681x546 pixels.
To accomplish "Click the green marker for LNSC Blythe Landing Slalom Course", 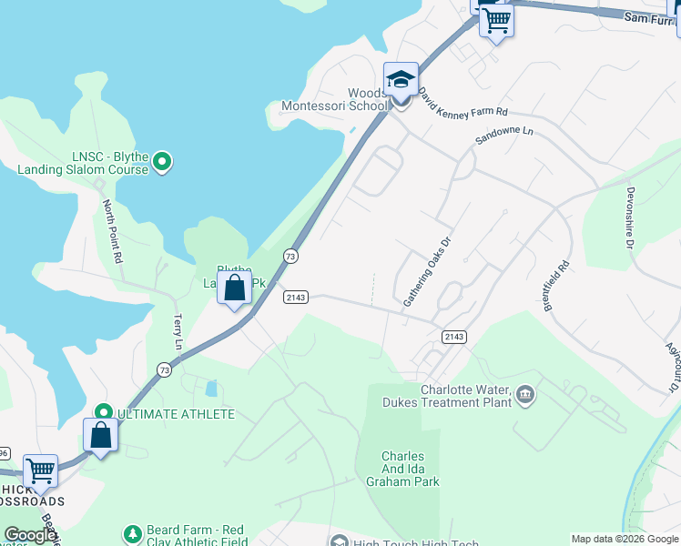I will tap(162, 163).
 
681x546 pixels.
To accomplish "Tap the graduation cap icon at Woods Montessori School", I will tap(401, 80).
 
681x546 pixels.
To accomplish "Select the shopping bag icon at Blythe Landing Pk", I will tap(235, 288).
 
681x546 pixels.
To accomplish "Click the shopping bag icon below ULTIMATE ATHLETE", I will tap(100, 435).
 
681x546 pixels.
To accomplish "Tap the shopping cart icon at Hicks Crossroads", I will tap(40, 471).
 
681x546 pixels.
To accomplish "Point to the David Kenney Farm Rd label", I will tap(462, 102).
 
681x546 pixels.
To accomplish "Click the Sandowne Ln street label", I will tap(503, 137).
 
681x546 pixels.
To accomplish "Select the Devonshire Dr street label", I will tap(629, 217).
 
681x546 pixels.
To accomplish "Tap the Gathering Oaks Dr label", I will tap(428, 271).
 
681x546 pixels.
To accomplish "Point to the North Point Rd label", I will tap(113, 231).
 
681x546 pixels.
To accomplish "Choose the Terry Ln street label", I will tap(178, 333).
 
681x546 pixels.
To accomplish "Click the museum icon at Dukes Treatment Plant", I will tap(524, 395).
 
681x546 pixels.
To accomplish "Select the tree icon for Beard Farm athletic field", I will tap(133, 531).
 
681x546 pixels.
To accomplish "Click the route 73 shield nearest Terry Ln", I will tap(163, 369).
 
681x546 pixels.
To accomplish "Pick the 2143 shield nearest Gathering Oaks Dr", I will tap(454, 337).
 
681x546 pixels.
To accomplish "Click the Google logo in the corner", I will tap(30, 535).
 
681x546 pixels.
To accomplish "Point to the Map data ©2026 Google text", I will tap(625, 539).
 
